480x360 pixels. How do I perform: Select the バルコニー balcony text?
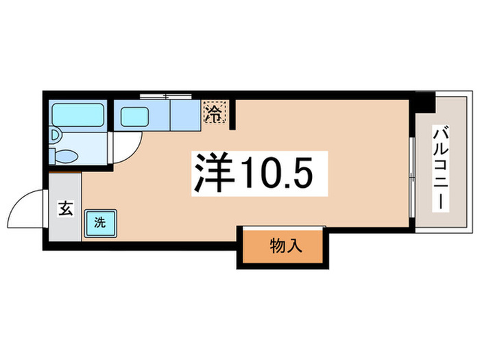pos(439,167)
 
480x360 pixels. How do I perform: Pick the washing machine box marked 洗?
pos(99,222)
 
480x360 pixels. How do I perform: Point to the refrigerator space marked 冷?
pos(214,112)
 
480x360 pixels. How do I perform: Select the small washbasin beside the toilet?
pos(55,136)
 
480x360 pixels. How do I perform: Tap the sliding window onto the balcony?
pos(411,175)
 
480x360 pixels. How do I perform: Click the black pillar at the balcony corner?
pos(425,101)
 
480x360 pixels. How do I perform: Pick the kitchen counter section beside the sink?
pos(184,115)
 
